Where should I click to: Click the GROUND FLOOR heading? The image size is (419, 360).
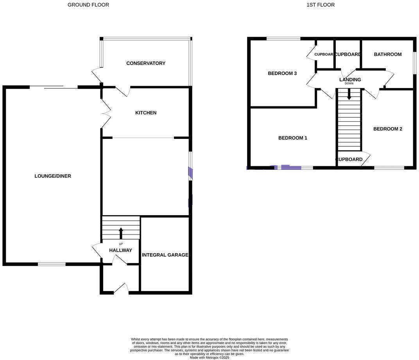[88, 5]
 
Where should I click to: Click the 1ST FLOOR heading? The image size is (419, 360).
[321, 5]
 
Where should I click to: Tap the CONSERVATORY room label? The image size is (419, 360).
[146, 63]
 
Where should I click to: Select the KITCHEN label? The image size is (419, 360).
[146, 113]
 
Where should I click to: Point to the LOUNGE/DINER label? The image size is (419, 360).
[53, 176]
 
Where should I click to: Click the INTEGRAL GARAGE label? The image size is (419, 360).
[165, 255]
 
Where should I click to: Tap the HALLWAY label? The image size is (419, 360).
[120, 250]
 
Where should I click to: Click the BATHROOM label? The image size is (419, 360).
[387, 54]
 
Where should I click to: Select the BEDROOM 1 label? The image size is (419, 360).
[292, 138]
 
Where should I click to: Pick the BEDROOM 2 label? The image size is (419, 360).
[387, 129]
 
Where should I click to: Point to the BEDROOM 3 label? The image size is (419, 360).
[282, 74]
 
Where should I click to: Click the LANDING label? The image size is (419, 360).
[350, 80]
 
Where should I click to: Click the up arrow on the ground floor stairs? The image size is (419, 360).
[121, 233]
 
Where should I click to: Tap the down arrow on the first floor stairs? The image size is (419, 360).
[349, 94]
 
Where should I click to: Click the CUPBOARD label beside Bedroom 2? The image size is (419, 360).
[349, 160]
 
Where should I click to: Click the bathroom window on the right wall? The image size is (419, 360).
[414, 63]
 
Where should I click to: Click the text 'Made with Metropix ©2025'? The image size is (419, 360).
[209, 357]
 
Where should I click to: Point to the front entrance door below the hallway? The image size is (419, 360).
[121, 290]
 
